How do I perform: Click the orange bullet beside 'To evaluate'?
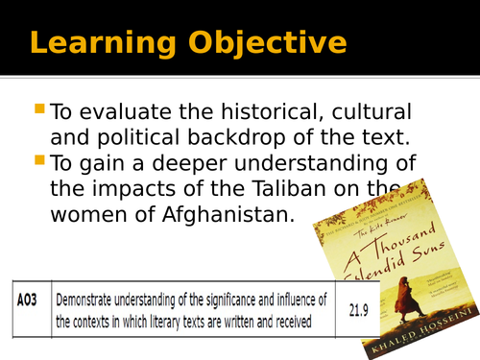(x=38, y=110)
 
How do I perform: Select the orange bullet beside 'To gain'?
(x=38, y=159)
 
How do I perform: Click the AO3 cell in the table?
(x=29, y=301)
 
